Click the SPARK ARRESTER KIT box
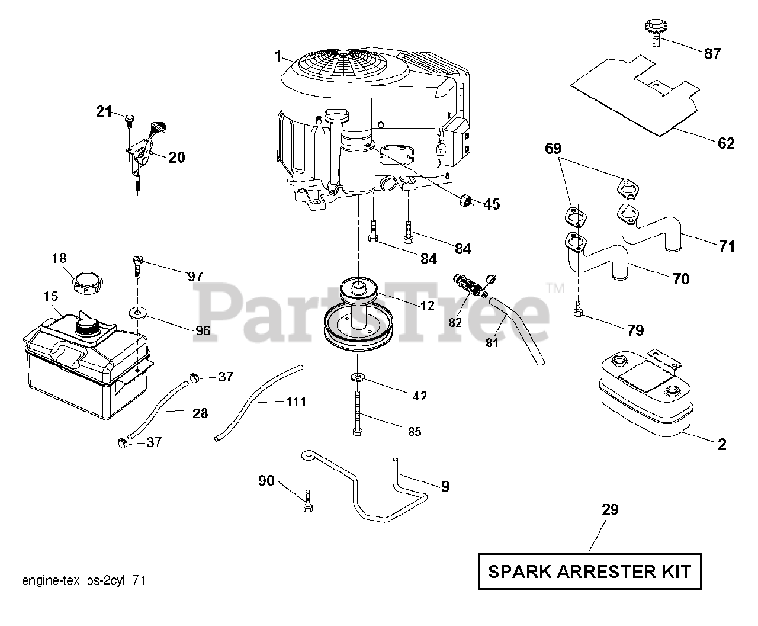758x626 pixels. click(x=589, y=572)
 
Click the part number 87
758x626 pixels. click(x=712, y=54)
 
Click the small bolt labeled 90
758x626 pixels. click(x=308, y=500)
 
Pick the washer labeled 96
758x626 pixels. click(x=137, y=312)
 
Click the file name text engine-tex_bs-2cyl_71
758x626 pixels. click(x=83, y=581)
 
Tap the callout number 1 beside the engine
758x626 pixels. click(x=277, y=56)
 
